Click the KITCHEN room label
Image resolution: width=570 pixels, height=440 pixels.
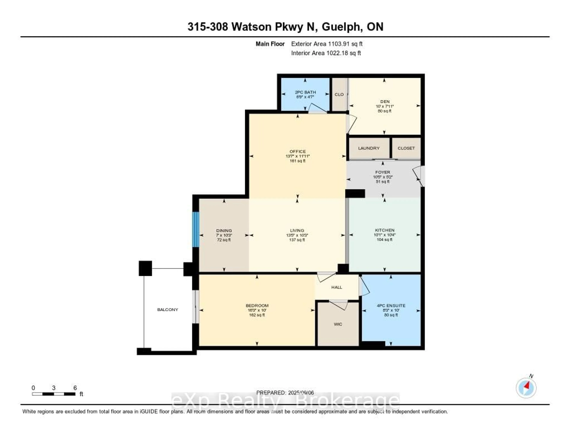(384, 230)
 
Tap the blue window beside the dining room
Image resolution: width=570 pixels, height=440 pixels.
(195, 229)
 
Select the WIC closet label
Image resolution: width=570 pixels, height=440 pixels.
(338, 324)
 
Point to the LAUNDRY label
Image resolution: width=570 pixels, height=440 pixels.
(369, 148)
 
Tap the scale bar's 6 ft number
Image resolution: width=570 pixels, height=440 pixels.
(75, 388)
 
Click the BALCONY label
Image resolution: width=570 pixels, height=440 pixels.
(168, 310)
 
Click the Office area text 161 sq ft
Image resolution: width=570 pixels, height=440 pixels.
(297, 161)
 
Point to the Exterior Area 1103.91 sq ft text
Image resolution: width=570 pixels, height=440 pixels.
(327, 44)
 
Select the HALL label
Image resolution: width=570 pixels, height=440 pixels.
(337, 287)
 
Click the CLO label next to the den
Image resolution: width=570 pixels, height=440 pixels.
(339, 94)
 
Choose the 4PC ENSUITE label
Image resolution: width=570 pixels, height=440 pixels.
(391, 305)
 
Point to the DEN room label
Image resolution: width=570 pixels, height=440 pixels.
(385, 101)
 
